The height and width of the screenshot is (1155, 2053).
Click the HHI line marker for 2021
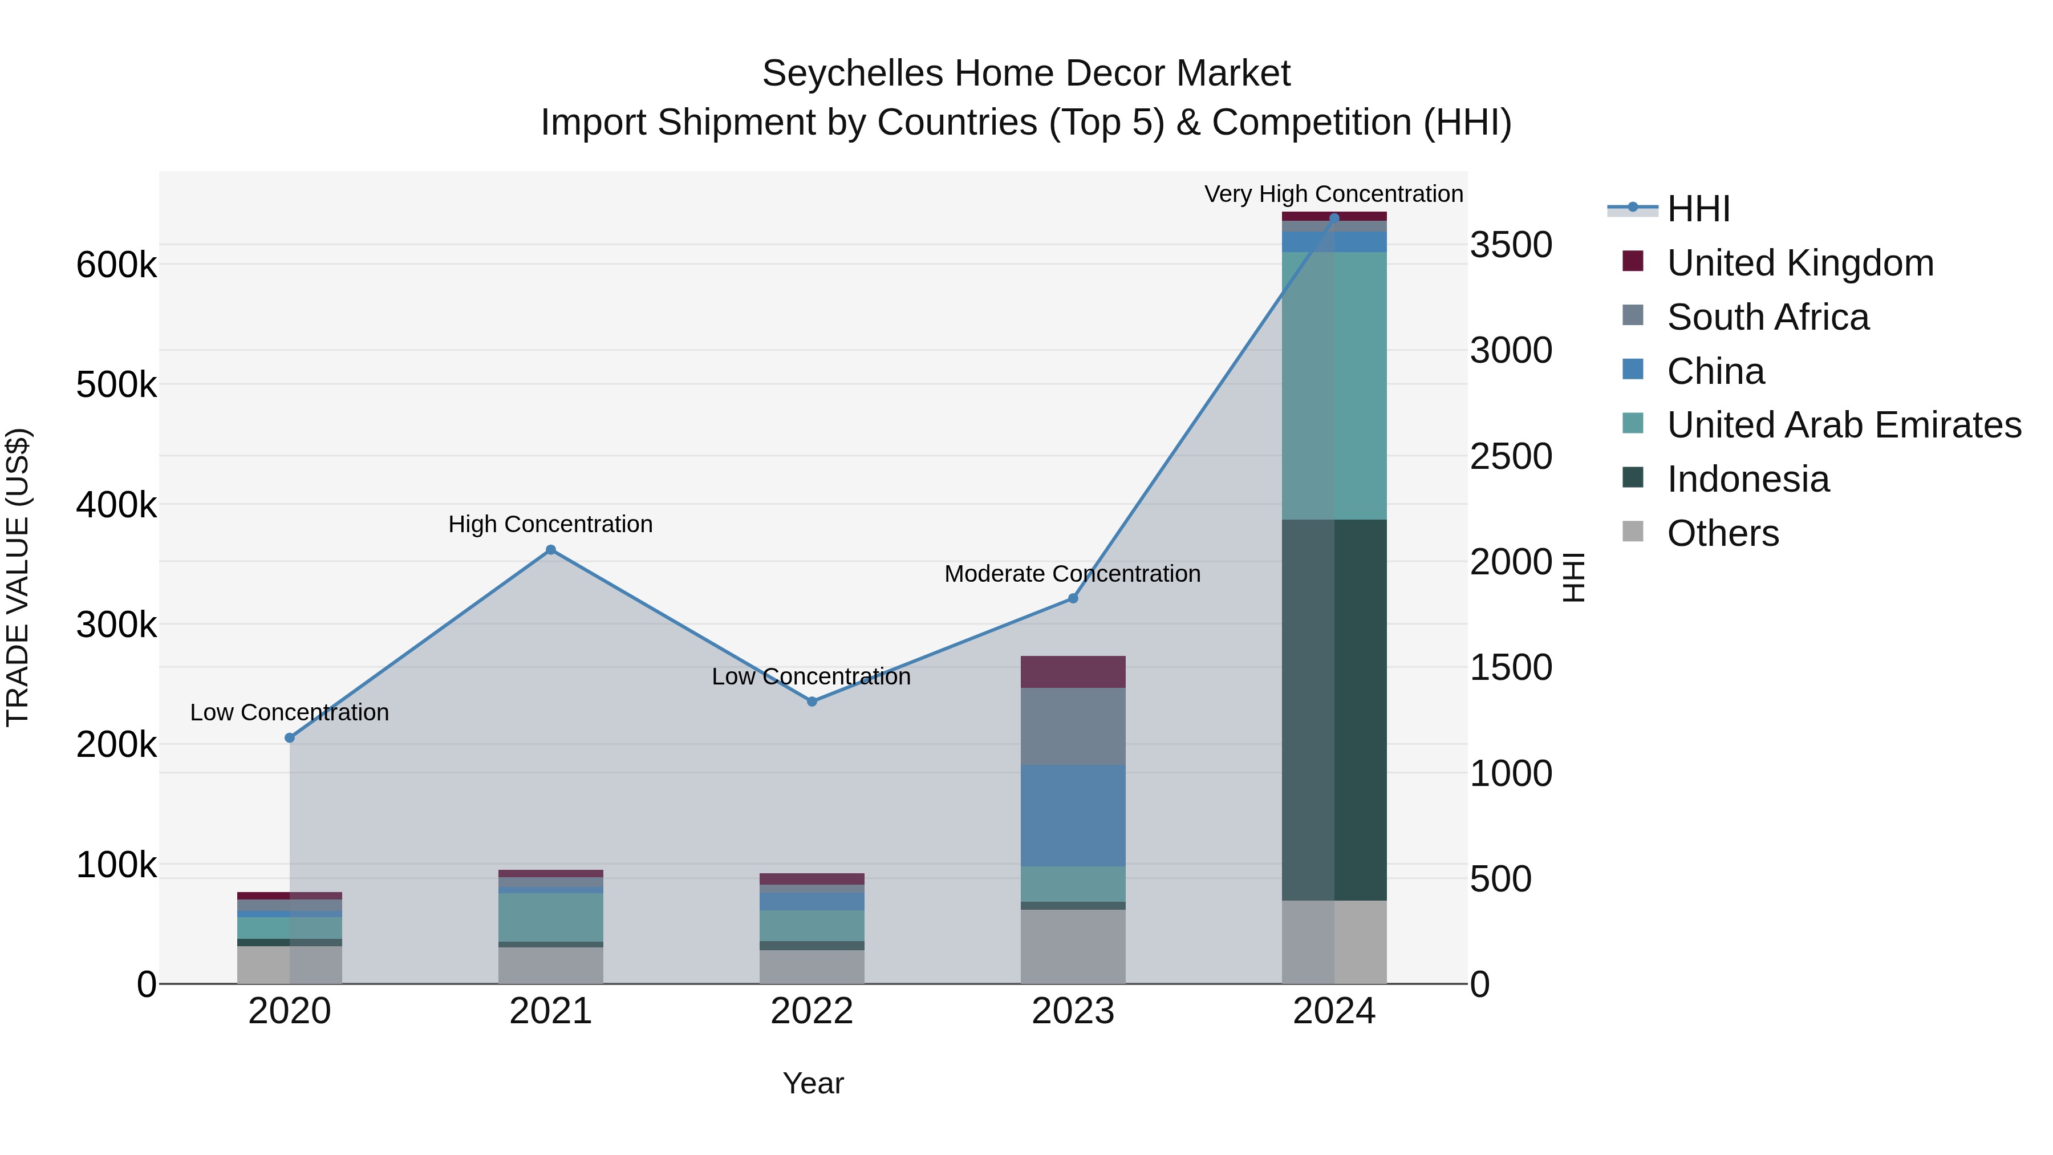[x=551, y=550]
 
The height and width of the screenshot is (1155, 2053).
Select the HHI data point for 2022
[x=812, y=702]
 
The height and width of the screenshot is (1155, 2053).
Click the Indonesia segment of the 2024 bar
[x=1334, y=710]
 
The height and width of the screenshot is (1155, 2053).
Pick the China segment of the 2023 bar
[x=1073, y=816]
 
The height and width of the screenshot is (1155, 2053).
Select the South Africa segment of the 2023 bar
[x=1073, y=726]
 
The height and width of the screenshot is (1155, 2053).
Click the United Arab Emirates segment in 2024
[x=1334, y=386]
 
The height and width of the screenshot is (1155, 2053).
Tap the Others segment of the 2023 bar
[x=1073, y=946]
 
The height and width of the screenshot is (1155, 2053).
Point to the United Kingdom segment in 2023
[x=1073, y=672]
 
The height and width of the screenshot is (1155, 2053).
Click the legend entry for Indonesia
[x=1748, y=480]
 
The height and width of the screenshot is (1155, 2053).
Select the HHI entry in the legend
[x=1698, y=209]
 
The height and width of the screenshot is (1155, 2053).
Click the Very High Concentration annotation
[x=1333, y=194]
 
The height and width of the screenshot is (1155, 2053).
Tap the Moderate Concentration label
[x=1072, y=574]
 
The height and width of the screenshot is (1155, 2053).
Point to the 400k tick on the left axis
[x=116, y=505]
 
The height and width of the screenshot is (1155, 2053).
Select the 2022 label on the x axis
[x=812, y=1011]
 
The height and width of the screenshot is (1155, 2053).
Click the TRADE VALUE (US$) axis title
[x=18, y=577]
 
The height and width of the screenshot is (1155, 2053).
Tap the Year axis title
[x=813, y=1083]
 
